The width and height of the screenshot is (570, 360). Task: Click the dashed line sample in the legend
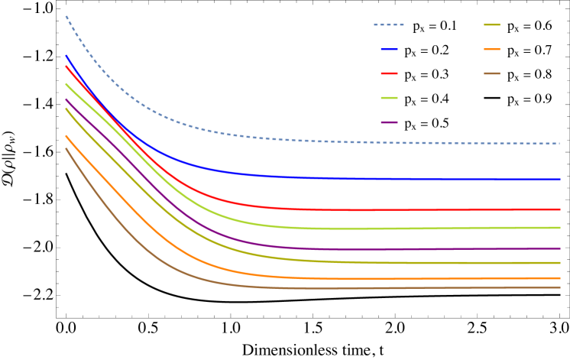[x=389, y=25]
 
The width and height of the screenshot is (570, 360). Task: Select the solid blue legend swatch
[x=389, y=50]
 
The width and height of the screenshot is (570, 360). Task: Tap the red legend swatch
[x=389, y=73]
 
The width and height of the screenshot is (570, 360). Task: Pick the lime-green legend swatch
[x=389, y=98]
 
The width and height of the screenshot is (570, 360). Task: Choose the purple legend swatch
[x=389, y=122]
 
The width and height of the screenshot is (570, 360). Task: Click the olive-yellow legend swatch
[x=492, y=25]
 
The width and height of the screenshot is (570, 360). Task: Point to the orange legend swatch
[x=492, y=50]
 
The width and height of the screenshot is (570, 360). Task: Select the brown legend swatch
[x=492, y=73]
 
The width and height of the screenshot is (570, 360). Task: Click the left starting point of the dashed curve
[x=66, y=16]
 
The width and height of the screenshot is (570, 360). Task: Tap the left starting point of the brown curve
[x=66, y=148]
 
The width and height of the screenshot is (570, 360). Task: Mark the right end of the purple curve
[x=559, y=248]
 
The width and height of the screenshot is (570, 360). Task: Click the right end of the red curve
[x=559, y=209]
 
